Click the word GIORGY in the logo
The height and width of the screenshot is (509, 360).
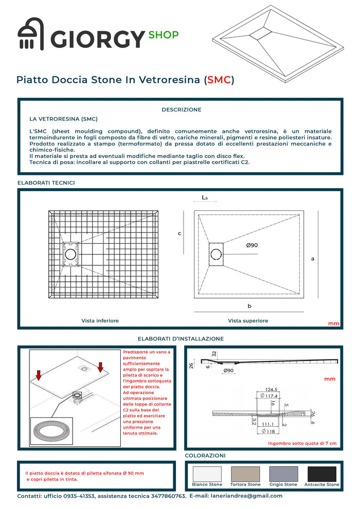98,40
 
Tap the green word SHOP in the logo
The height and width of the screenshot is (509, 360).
163,35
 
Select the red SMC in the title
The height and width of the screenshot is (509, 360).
219,80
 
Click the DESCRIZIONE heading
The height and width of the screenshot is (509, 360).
182,110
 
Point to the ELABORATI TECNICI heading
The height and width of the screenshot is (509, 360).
46,183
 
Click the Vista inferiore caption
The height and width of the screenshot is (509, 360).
100,320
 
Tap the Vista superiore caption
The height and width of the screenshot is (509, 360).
248,320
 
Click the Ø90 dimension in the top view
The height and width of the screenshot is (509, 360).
252,245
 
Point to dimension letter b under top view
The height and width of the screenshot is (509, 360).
249,306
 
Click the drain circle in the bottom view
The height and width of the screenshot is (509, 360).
70,253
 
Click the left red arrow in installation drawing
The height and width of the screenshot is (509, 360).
38,374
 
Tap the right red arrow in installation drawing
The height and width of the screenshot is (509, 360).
100,366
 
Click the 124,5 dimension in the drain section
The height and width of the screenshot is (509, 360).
272,389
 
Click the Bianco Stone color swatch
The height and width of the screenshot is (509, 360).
207,474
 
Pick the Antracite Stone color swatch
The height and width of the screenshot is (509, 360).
322,474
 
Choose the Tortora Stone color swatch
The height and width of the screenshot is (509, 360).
246,474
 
